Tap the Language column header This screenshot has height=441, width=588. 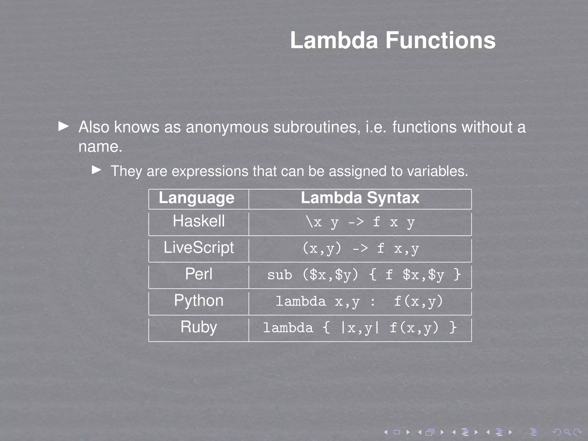(x=197, y=198)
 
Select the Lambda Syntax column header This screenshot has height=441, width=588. (x=360, y=198)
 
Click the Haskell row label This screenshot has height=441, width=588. (x=199, y=221)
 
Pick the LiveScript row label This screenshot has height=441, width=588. (x=199, y=247)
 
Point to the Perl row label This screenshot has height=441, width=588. (x=199, y=274)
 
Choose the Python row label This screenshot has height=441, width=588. (x=199, y=301)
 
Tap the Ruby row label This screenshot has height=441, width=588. (x=199, y=327)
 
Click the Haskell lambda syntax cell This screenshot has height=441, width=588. (x=360, y=222)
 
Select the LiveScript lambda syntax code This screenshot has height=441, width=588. (x=361, y=248)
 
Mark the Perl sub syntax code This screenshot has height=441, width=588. (x=364, y=275)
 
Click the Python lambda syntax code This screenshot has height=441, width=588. (x=359, y=301)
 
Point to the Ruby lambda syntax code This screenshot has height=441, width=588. (x=360, y=328)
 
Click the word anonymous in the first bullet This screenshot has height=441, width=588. (x=227, y=127)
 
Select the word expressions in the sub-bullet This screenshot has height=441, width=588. (x=210, y=171)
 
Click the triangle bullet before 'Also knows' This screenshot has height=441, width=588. (x=63, y=126)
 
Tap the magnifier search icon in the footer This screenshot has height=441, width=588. (x=567, y=432)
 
